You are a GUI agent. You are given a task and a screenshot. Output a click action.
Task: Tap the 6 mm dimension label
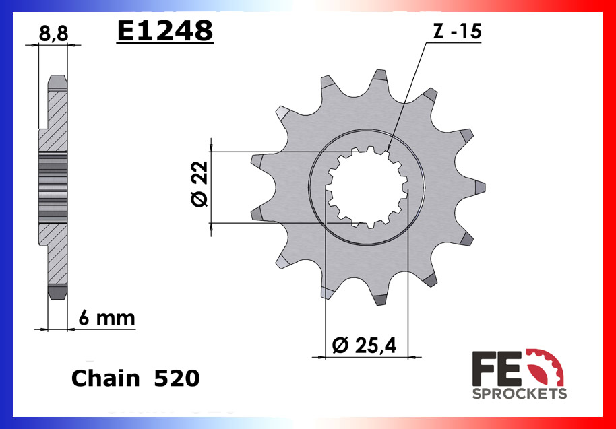[106, 318]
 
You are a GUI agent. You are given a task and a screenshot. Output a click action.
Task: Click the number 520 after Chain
[176, 378]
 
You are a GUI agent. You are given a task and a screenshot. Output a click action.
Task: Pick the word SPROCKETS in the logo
[519, 393]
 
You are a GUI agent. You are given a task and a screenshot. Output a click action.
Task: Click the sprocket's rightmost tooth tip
[480, 187]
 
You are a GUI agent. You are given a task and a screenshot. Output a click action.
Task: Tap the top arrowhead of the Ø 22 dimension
[212, 146]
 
